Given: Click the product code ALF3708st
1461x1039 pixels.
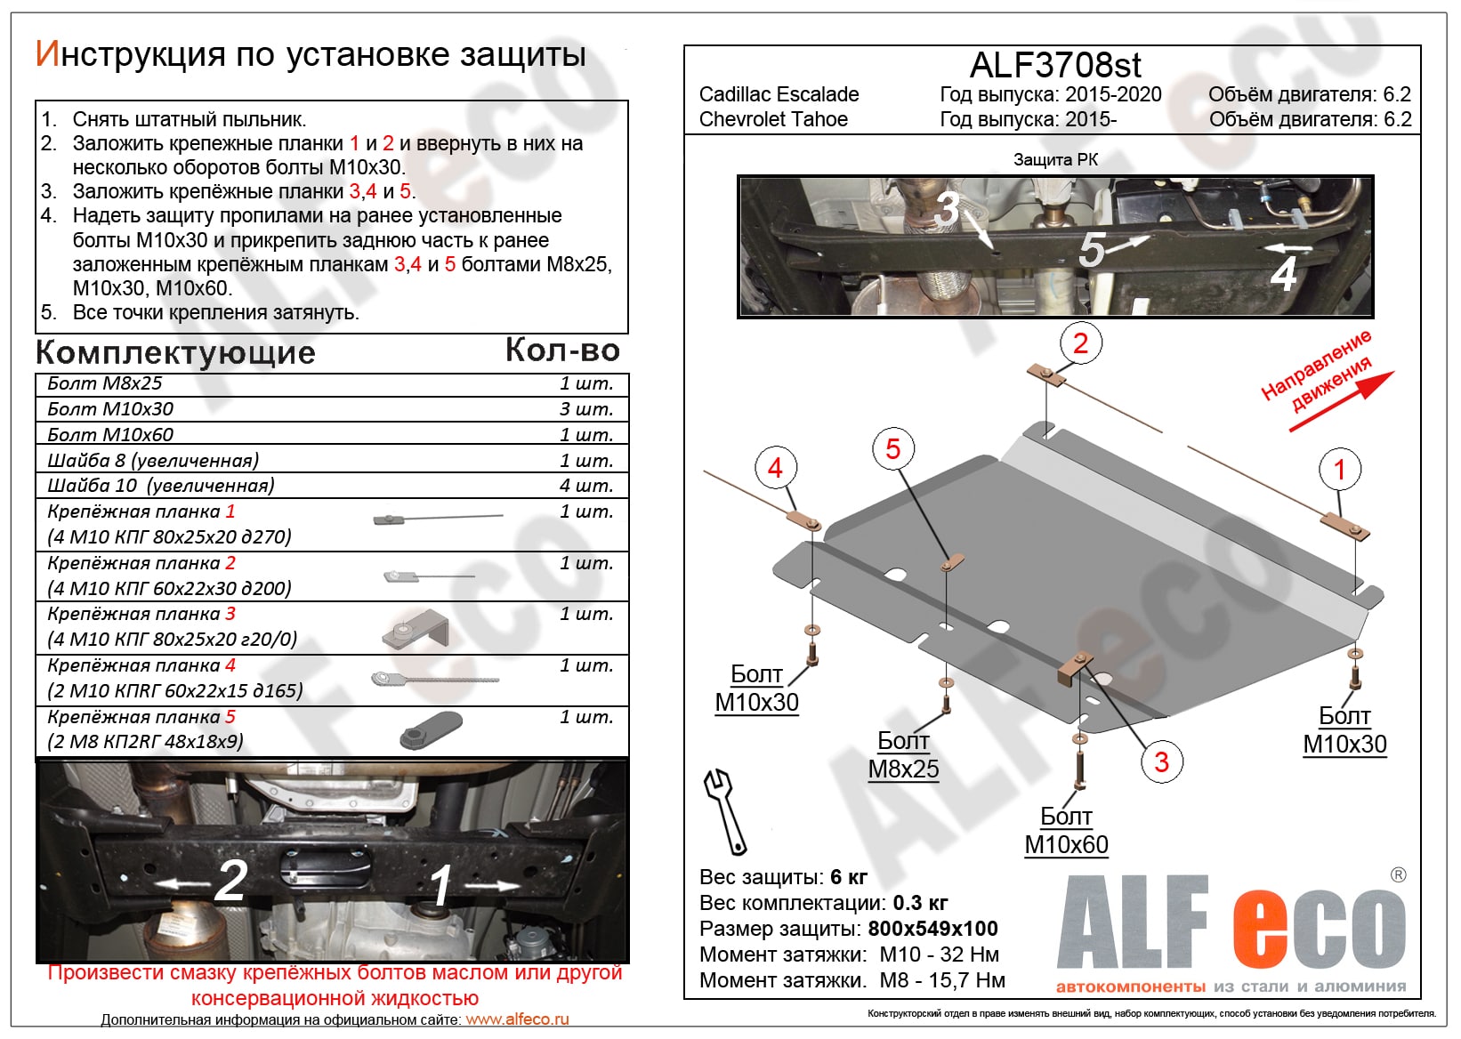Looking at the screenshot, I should pyautogui.click(x=1054, y=65).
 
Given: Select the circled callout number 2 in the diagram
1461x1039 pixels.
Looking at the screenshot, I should pyautogui.click(x=1080, y=343).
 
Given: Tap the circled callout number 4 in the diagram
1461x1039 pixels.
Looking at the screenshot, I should pyautogui.click(x=775, y=468).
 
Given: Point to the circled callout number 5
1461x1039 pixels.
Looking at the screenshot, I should pyautogui.click(x=893, y=449).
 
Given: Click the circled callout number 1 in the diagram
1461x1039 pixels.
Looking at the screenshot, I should pyautogui.click(x=1339, y=469).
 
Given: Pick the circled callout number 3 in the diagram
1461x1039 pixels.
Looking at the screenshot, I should pyautogui.click(x=1161, y=761).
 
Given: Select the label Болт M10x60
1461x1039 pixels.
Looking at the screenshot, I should pyautogui.click(x=1066, y=831).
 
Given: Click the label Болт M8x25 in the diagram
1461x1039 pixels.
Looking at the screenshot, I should pyautogui.click(x=903, y=754).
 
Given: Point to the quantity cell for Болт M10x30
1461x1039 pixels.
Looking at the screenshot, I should pyautogui.click(x=586, y=409).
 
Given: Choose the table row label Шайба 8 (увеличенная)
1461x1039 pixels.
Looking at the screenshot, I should pyautogui.click(x=153, y=460).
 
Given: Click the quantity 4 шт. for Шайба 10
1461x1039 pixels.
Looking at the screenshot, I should pyautogui.click(x=586, y=486).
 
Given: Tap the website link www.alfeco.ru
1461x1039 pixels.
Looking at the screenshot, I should pyautogui.click(x=517, y=1019).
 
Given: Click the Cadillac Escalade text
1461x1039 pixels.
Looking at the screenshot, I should pyautogui.click(x=779, y=94).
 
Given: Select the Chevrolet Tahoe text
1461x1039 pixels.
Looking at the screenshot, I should pyautogui.click(x=773, y=119).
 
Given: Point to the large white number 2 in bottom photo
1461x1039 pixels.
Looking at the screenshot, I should pyautogui.click(x=230, y=881).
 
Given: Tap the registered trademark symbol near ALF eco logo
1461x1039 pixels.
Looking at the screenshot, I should pyautogui.click(x=1399, y=874).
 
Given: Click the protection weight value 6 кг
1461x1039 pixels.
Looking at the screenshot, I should pyautogui.click(x=848, y=877).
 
